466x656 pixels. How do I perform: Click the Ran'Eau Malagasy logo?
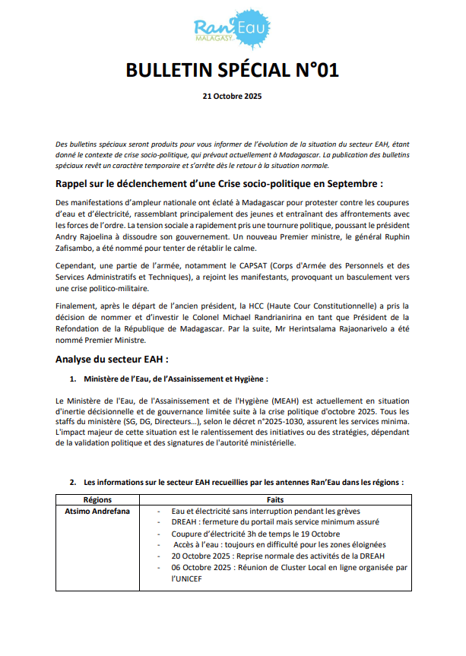(232, 30)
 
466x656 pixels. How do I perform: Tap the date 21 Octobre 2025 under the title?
(232, 97)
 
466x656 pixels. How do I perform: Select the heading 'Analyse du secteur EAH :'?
(112, 358)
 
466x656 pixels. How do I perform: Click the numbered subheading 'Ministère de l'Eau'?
(176, 379)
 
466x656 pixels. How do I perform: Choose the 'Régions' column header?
(97, 499)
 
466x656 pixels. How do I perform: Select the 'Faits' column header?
(275, 499)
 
